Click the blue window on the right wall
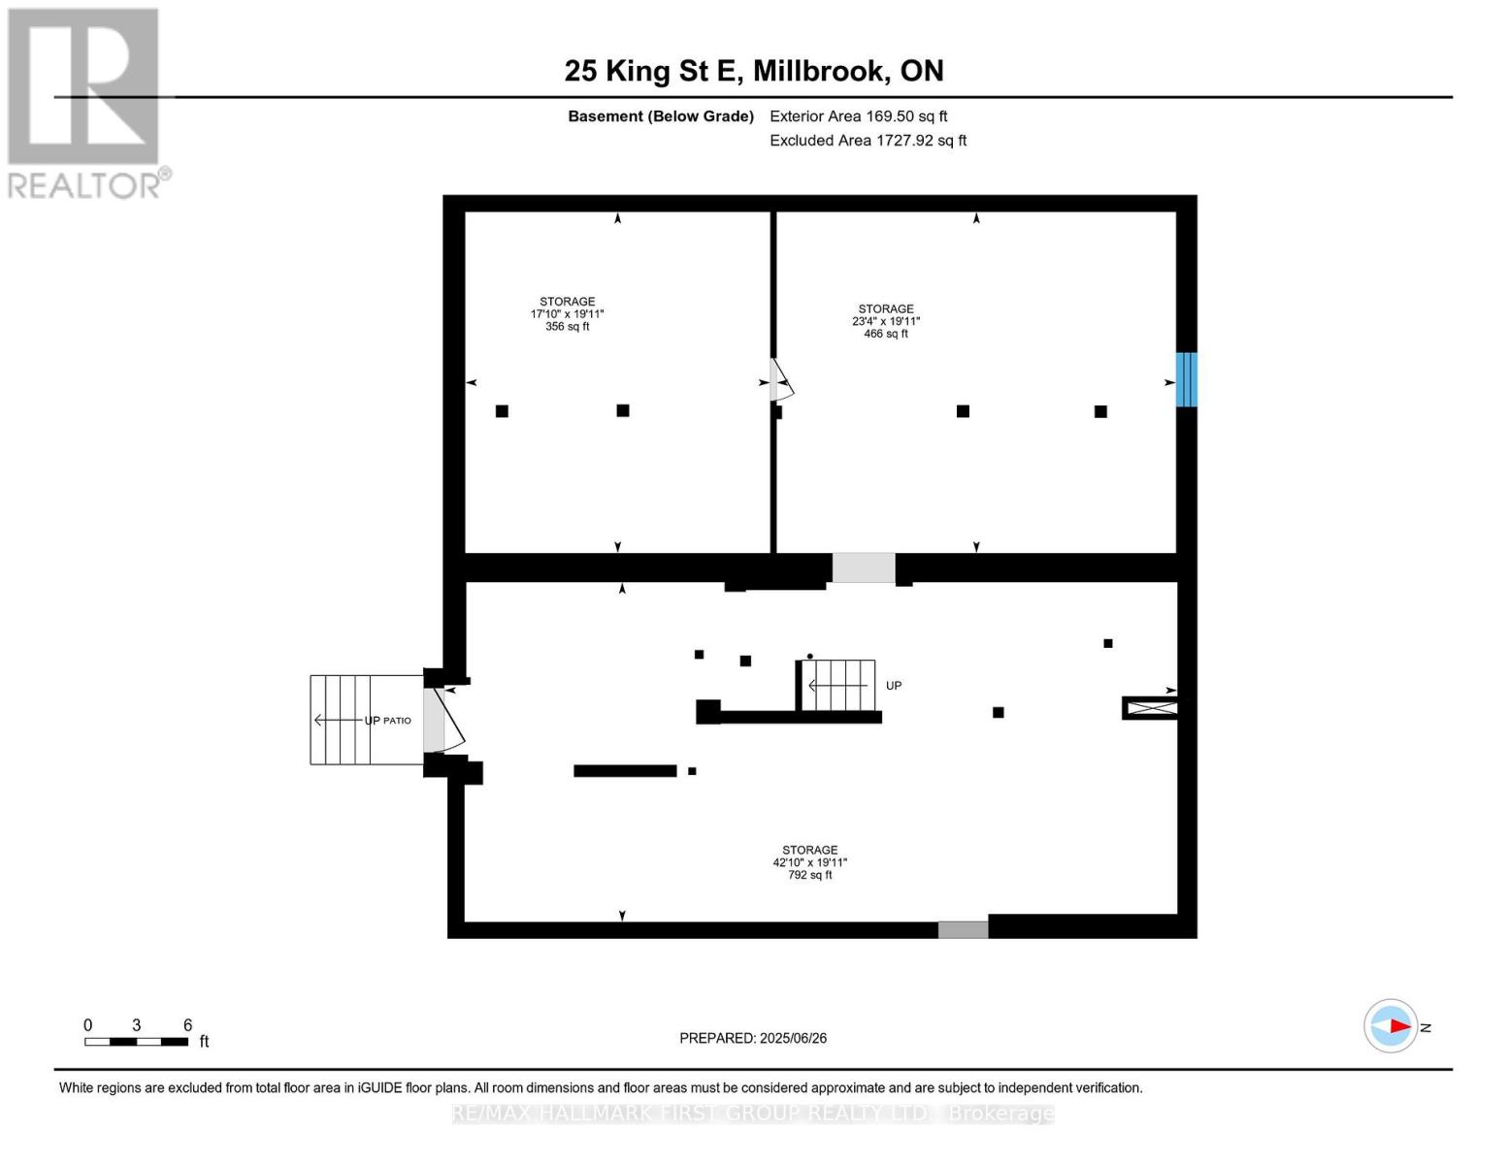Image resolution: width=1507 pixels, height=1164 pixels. click(x=1186, y=379)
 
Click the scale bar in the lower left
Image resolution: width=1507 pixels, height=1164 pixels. click(x=136, y=1041)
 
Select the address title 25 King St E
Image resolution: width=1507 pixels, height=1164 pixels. click(x=753, y=71)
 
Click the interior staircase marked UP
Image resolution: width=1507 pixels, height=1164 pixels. click(x=839, y=685)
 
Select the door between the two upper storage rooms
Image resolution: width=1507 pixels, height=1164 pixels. click(x=780, y=381)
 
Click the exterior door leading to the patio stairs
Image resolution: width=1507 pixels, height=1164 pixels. click(x=442, y=720)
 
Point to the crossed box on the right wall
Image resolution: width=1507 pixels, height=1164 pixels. click(x=1151, y=708)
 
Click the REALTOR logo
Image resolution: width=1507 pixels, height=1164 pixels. click(x=84, y=103)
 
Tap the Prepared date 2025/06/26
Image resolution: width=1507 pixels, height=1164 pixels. click(x=753, y=1038)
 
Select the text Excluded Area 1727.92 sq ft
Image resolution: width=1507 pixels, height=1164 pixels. click(x=868, y=141)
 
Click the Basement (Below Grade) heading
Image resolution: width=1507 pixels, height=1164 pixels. click(x=660, y=116)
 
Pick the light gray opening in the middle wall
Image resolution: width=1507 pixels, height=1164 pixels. click(x=863, y=567)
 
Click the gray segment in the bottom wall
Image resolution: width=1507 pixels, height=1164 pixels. click(x=963, y=929)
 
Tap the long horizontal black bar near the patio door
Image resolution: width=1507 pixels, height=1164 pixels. click(x=625, y=771)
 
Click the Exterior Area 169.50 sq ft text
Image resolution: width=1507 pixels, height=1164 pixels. click(x=858, y=116)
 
